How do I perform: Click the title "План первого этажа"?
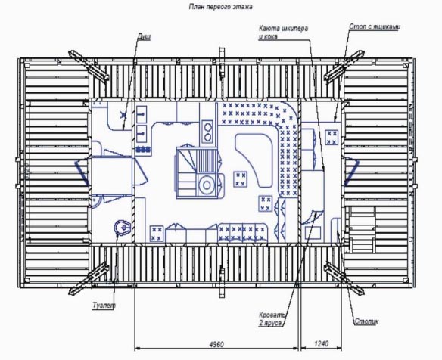(220, 7)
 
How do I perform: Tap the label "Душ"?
(144, 36)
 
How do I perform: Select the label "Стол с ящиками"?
(375, 26)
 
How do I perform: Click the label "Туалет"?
(104, 305)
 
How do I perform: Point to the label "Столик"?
(366, 321)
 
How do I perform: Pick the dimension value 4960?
(216, 344)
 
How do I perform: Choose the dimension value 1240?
(321, 343)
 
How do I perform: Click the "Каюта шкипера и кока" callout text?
(283, 32)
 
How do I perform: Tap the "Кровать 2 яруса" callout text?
(272, 318)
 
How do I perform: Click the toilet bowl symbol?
(122, 227)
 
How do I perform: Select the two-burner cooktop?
(208, 132)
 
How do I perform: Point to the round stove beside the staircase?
(207, 185)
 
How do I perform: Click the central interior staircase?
(197, 172)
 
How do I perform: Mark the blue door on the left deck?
(82, 173)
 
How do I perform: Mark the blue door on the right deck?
(351, 172)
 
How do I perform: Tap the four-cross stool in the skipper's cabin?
(331, 137)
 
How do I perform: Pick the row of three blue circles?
(143, 149)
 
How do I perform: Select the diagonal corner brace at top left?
(89, 66)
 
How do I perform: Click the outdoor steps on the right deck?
(363, 229)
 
